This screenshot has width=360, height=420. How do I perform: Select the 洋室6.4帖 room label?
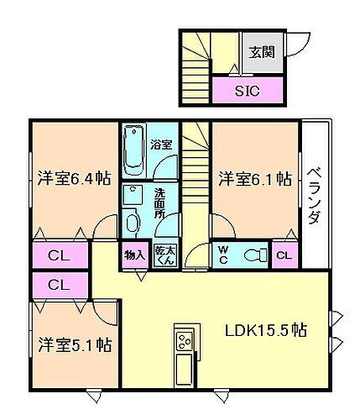tap(74, 178)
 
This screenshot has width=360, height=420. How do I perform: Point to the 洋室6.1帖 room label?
tap(255, 178)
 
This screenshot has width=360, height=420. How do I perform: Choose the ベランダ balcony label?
tap(313, 195)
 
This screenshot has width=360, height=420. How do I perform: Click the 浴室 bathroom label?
tap(161, 144)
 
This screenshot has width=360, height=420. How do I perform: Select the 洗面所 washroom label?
tap(160, 203)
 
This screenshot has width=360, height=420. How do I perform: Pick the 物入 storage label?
tap(134, 255)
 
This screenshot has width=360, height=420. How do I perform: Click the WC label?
tap(224, 255)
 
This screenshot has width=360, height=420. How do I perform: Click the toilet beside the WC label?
tap(253, 255)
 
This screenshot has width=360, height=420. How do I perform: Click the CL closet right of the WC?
tap(284, 255)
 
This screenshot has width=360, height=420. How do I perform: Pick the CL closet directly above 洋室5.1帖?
tap(58, 285)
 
